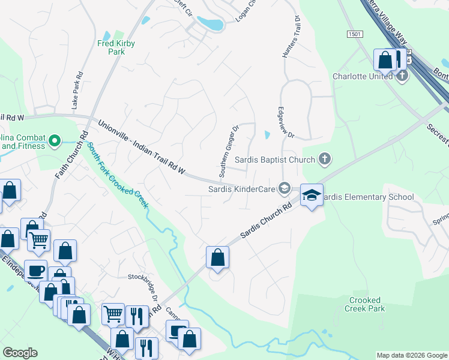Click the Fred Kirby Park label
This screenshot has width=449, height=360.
pos(116,47)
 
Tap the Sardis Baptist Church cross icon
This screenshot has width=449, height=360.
pos(324,159)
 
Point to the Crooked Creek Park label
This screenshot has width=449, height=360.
pos(364,304)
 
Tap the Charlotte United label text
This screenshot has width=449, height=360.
pos(363,76)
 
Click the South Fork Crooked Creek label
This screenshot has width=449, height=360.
pos(116,175)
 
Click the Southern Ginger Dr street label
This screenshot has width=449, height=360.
pos(229,151)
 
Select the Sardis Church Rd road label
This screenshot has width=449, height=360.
pos(265,221)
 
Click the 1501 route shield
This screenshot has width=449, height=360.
pos(354,35)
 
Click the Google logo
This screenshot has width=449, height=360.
pos(20,353)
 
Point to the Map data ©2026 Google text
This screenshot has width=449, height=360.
pos(411,355)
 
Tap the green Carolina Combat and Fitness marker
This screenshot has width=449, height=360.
pos(55,142)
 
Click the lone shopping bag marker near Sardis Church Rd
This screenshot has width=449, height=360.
pos(217,257)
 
